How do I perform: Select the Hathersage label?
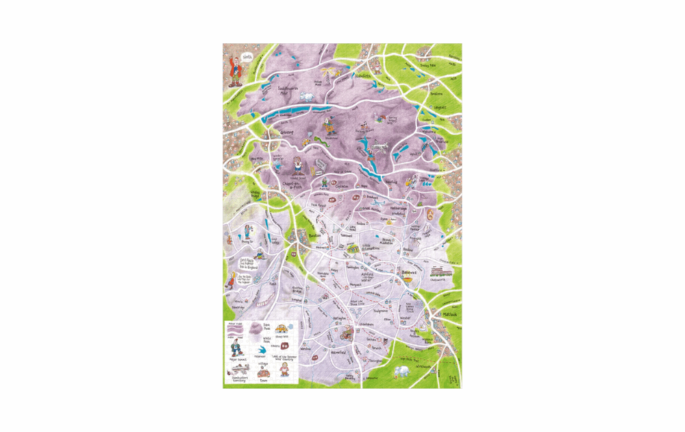(399, 208)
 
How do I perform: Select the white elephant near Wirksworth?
(402, 371)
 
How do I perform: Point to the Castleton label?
(342, 186)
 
